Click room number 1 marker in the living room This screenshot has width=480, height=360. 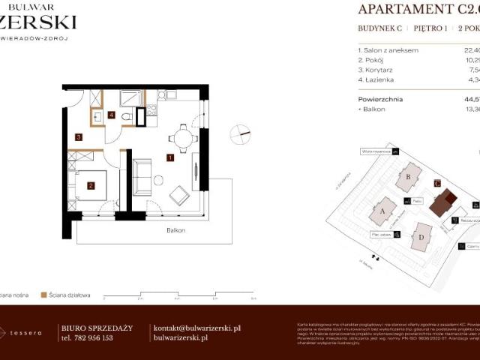click(171, 158)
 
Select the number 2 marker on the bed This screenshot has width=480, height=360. click(91, 186)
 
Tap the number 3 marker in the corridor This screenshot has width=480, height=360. click(78, 137)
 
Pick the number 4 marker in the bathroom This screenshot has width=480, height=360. click(111, 115)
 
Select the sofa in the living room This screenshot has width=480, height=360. click(141, 177)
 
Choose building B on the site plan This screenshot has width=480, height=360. click(409, 177)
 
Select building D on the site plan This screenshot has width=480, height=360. click(421, 238)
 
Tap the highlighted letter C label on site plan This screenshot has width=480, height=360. click(437, 182)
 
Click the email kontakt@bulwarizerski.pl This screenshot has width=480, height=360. click(196, 328)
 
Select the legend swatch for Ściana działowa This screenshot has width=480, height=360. click(44, 295)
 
